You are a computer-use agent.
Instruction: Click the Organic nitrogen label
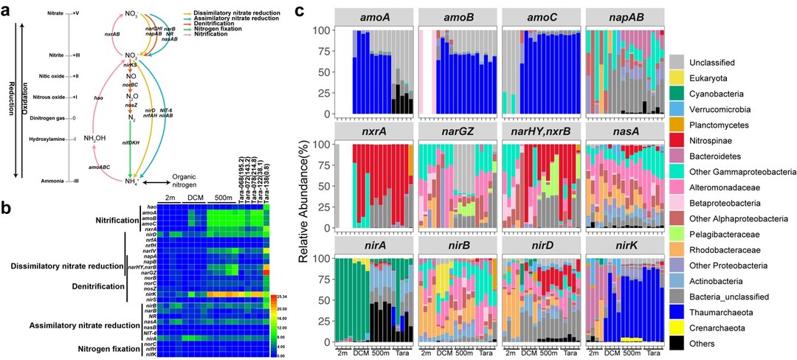190,181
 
